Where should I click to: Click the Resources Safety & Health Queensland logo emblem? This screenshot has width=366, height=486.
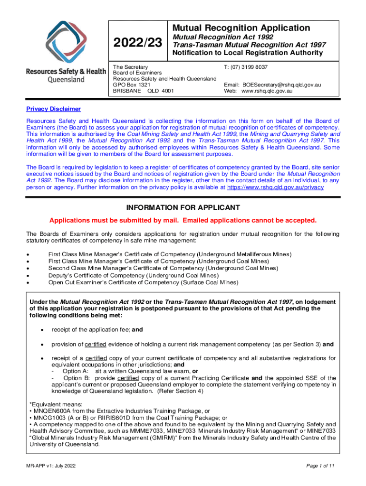point(66,42)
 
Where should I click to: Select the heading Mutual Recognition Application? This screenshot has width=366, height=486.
point(241,28)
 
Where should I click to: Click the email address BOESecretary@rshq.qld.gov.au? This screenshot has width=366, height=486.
point(282,85)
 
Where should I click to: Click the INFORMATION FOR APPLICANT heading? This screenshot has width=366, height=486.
point(183,208)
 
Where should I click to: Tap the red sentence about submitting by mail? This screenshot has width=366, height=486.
point(183,221)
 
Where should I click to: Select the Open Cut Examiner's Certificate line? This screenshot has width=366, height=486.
point(143,282)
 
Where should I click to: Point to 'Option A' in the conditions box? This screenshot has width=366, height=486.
point(75,371)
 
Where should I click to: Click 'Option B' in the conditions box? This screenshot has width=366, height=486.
point(76,378)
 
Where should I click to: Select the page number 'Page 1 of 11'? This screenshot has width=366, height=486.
point(321,467)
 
